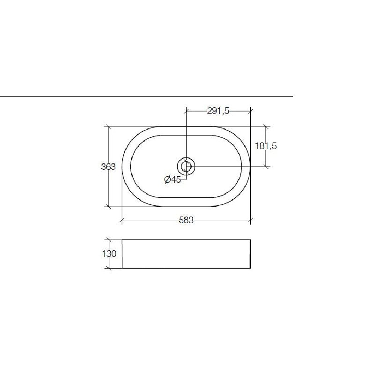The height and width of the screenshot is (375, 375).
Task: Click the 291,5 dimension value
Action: [218, 111]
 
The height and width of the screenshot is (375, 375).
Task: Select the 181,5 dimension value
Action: [266, 146]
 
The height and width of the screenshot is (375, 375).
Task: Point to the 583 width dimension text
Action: [186, 221]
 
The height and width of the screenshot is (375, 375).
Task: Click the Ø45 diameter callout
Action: [172, 180]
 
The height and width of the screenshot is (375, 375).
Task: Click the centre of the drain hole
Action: [186, 166]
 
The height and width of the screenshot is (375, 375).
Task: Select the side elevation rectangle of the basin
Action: [186, 254]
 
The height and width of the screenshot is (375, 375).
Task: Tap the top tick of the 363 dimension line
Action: [108, 126]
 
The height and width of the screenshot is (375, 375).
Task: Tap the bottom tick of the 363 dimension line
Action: [108, 206]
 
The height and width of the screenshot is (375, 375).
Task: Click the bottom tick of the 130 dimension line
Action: [108, 269]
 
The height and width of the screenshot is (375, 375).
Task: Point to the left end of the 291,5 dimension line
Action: [187, 111]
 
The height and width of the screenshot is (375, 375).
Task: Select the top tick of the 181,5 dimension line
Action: [266, 126]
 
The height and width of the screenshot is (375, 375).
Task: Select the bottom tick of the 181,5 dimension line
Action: [266, 166]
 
